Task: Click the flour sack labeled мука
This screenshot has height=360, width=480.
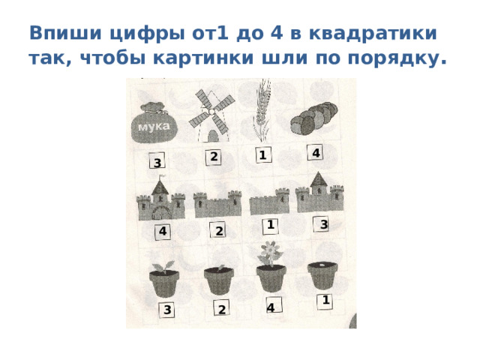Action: coord(154,124)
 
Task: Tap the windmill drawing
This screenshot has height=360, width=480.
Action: coord(208,118)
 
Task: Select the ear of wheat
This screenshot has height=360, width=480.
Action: coord(259,112)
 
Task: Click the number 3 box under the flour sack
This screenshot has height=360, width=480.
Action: coord(157,163)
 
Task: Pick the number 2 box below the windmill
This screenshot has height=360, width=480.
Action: coord(214,157)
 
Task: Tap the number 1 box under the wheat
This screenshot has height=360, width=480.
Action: coord(262,155)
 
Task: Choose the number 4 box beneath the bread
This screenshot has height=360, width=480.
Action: coord(316,153)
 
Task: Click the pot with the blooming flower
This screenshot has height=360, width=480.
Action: coord(270,269)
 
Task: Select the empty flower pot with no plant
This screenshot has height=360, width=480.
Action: coord(323,275)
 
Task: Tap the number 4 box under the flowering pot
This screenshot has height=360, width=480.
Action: coord(271,307)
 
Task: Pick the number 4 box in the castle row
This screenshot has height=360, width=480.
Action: coord(163,231)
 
